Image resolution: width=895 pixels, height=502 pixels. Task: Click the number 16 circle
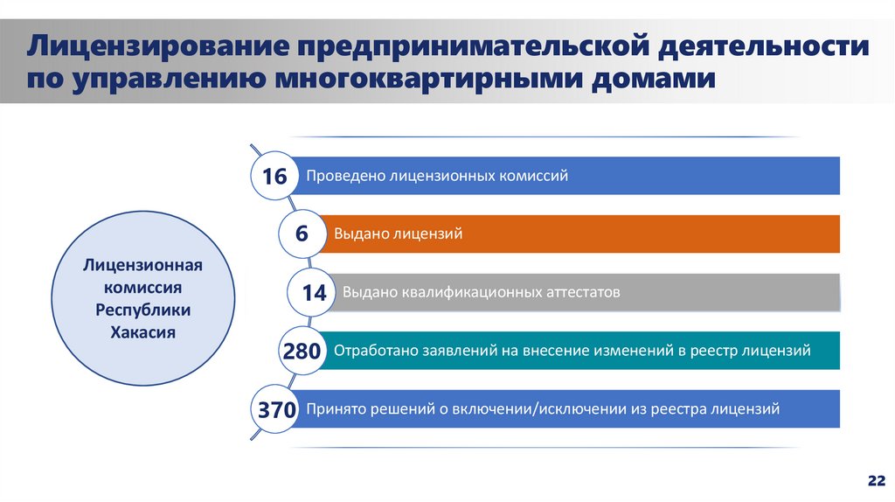click(x=274, y=177)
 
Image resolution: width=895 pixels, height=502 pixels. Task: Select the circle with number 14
click(x=314, y=293)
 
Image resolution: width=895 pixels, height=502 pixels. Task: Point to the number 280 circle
click(x=301, y=352)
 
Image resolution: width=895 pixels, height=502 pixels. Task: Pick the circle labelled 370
click(x=274, y=409)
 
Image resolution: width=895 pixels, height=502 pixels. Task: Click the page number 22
click(x=875, y=481)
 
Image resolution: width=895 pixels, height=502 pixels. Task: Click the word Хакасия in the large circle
click(x=143, y=332)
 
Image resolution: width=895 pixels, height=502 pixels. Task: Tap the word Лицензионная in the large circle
click(x=143, y=264)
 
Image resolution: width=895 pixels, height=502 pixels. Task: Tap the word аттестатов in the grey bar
click(x=577, y=292)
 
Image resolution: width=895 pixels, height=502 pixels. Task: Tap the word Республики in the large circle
click(x=143, y=310)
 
